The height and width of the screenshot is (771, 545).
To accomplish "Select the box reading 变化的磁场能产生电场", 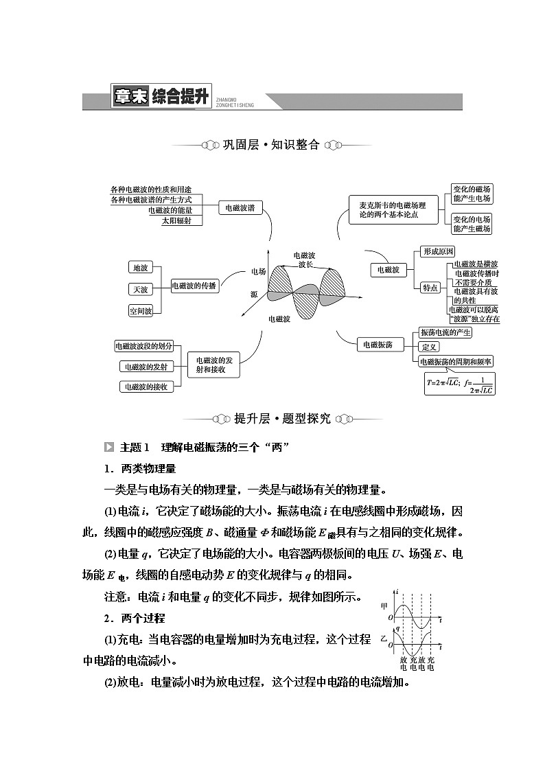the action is tap(472, 194).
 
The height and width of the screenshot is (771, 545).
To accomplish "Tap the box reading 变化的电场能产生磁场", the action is tap(472, 224).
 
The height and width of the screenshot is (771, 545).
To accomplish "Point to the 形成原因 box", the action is tap(438, 251).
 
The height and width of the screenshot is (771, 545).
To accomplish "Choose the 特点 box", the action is tap(430, 288).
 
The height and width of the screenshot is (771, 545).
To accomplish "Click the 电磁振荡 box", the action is tap(378, 345).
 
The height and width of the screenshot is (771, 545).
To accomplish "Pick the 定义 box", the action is tap(430, 347).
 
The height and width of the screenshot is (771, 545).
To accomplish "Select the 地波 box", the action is tap(140, 267).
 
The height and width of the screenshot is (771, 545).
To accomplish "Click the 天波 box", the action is tap(140, 289).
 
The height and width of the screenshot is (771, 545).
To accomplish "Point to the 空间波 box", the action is tap(140, 311).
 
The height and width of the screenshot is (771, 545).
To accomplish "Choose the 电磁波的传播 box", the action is tap(194, 286).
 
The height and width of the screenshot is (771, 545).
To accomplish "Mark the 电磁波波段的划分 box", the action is tap(143, 346).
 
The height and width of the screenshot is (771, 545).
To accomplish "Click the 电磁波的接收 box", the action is tap(146, 387).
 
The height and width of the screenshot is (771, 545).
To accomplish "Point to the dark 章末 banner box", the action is tap(130, 97).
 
